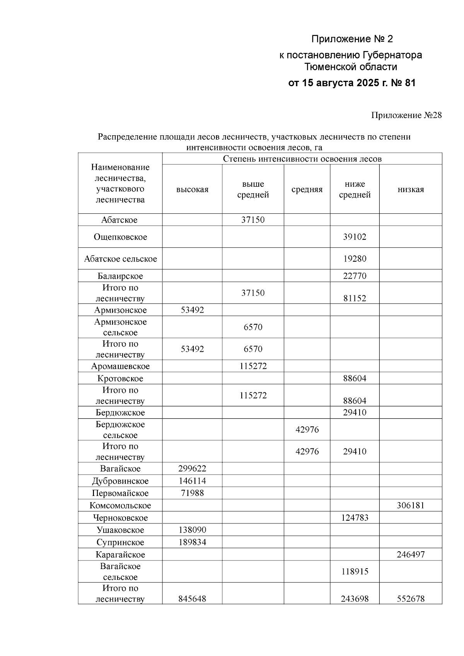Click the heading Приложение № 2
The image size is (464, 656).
(x=352, y=39)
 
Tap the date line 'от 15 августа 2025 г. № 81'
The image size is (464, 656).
(x=352, y=83)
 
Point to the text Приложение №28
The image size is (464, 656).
(x=406, y=115)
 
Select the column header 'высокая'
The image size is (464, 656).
(x=192, y=189)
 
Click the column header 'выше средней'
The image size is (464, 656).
(x=253, y=189)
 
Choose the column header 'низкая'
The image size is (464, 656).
(x=411, y=189)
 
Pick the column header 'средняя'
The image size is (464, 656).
(x=307, y=189)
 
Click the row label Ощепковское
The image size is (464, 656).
(x=120, y=237)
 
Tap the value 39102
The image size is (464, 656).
(x=355, y=237)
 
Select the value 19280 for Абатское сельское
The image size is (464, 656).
(x=355, y=259)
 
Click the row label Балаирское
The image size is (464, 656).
(x=120, y=276)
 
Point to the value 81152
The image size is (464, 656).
(x=355, y=298)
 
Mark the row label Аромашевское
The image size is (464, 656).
(x=120, y=366)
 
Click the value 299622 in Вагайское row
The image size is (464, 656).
(x=192, y=469)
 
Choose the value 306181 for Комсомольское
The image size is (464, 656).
(x=411, y=505)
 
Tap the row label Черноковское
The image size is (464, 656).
(x=120, y=518)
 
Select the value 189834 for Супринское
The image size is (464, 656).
(x=192, y=542)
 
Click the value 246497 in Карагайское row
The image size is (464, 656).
(x=411, y=554)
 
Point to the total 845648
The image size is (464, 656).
(x=192, y=599)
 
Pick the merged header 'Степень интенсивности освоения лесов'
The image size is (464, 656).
(x=302, y=159)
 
